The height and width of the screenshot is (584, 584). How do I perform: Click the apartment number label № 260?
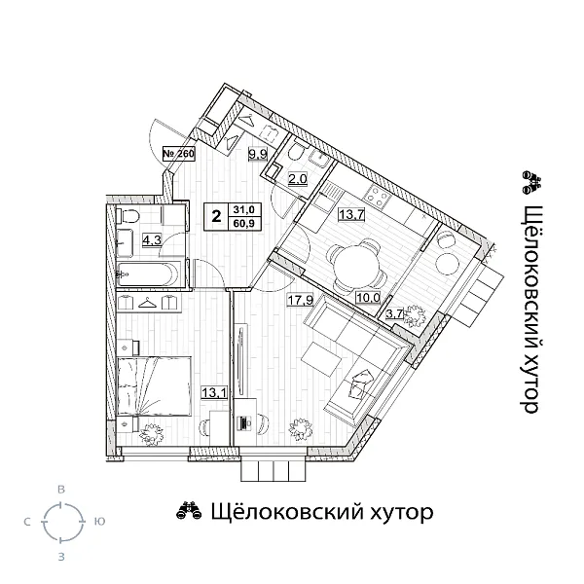point(178,154)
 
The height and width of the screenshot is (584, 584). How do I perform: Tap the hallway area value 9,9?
point(257,154)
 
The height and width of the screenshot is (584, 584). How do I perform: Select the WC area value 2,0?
point(297,178)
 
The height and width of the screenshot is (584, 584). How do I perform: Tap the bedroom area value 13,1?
point(211,392)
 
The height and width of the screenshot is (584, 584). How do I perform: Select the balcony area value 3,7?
point(396,313)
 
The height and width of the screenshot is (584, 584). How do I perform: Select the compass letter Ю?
point(98,523)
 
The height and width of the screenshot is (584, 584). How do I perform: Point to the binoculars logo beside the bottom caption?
point(188,512)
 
